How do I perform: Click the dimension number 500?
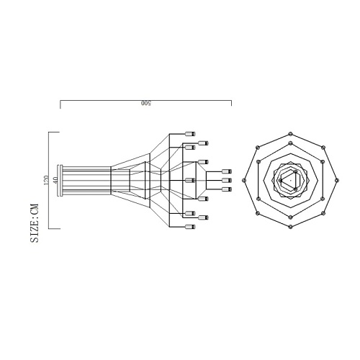click(x=146, y=104)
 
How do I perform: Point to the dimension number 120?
click(x=46, y=180)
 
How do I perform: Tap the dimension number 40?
click(x=55, y=180)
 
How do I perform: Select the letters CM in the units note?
click(x=35, y=208)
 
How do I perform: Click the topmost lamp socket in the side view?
click(x=191, y=134)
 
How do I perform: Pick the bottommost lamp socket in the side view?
click(x=191, y=227)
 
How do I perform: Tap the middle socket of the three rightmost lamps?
click(x=227, y=180)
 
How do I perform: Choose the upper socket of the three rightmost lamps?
click(x=227, y=171)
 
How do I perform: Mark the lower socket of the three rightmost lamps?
click(x=227, y=189)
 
